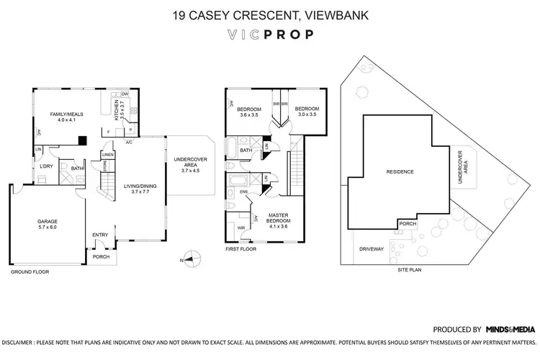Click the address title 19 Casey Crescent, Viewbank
tap(270, 14)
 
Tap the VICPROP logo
tap(270, 34)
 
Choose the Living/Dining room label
tap(135, 189)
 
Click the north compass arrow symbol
tap(189, 254)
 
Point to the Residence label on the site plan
tap(400, 172)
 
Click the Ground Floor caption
tap(30, 274)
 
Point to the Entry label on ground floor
tap(99, 234)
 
